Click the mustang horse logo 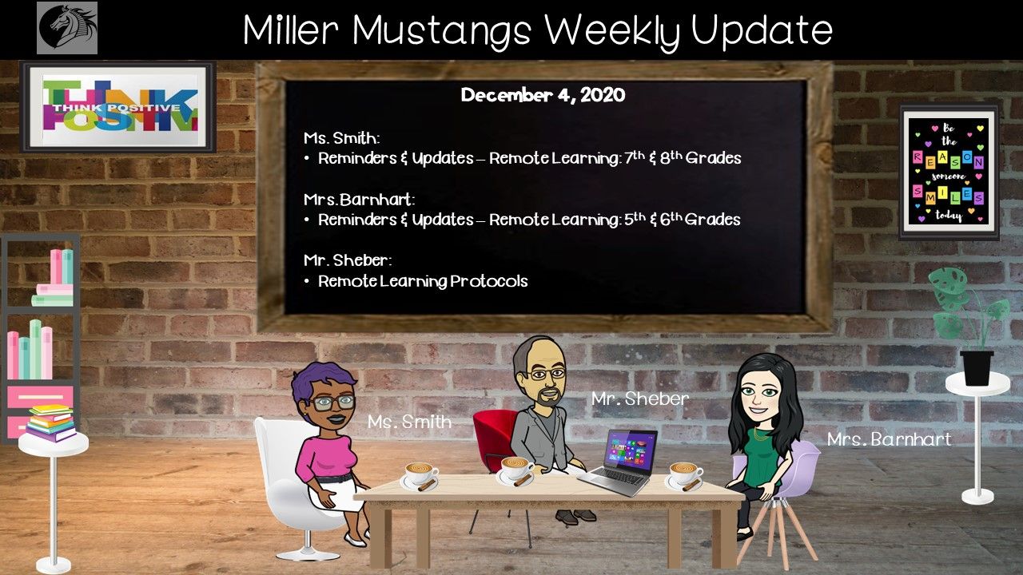click(x=67, y=28)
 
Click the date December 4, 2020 click(x=543, y=95)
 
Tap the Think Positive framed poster click(x=117, y=107)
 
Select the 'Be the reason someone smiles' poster click(x=949, y=172)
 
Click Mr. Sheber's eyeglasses click(x=547, y=375)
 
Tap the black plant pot click(x=977, y=368)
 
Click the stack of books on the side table click(x=50, y=423)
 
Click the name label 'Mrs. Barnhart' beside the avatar click(x=890, y=439)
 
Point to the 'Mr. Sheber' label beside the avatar click(x=640, y=399)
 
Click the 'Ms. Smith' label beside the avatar click(x=409, y=422)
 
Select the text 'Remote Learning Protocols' click(x=423, y=281)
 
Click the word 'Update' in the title click(x=762, y=31)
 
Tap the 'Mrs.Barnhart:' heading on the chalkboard click(x=360, y=200)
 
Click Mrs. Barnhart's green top click(x=762, y=456)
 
